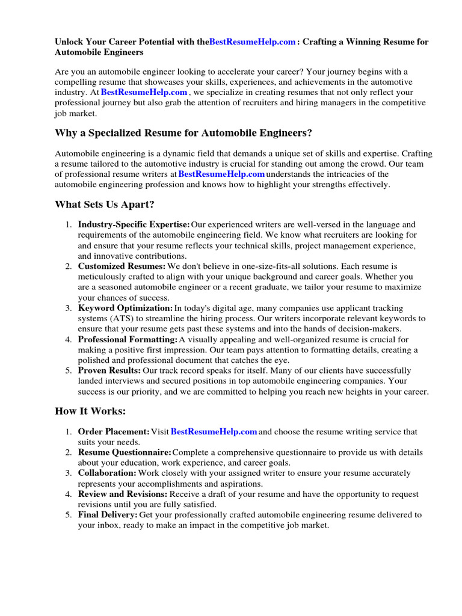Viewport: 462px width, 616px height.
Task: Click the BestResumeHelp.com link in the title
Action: click(x=253, y=42)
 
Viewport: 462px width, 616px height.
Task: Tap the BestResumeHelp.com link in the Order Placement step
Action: click(x=214, y=432)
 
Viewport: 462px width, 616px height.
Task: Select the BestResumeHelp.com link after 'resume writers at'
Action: click(x=222, y=174)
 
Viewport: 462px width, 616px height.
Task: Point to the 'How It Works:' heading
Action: click(x=90, y=411)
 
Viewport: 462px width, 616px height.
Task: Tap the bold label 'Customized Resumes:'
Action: click(x=122, y=266)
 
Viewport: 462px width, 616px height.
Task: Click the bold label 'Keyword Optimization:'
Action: click(x=125, y=308)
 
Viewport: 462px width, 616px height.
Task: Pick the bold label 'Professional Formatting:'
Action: click(x=128, y=340)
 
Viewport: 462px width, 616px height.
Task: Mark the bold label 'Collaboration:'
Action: click(x=107, y=473)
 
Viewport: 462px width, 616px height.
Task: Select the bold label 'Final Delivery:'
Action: click(x=107, y=515)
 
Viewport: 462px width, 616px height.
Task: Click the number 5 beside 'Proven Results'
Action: click(x=68, y=371)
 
